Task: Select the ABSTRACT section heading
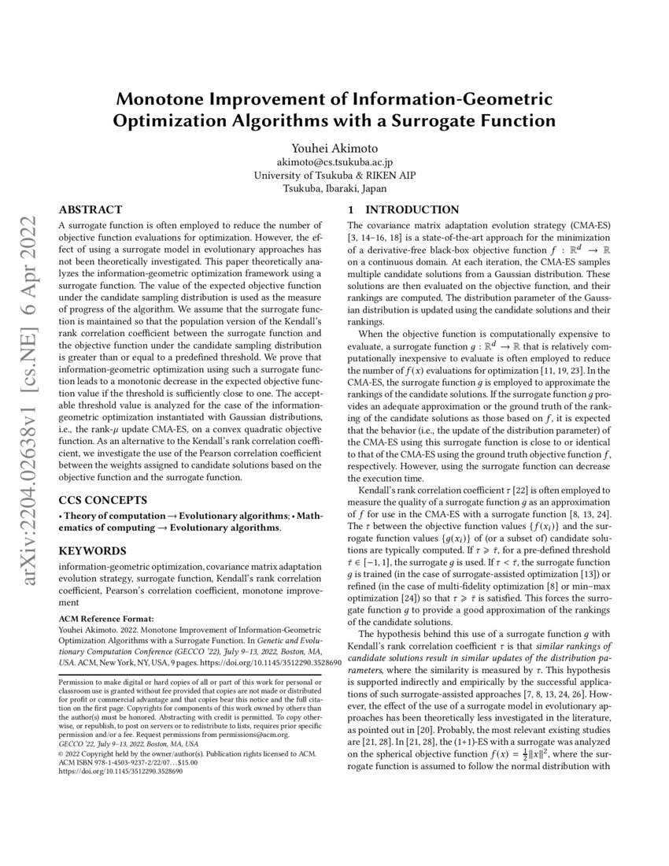tap(91, 209)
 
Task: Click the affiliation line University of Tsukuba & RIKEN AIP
tap(334, 175)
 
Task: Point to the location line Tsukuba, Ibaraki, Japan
tap(334, 188)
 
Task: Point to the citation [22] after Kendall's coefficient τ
tap(495, 490)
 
